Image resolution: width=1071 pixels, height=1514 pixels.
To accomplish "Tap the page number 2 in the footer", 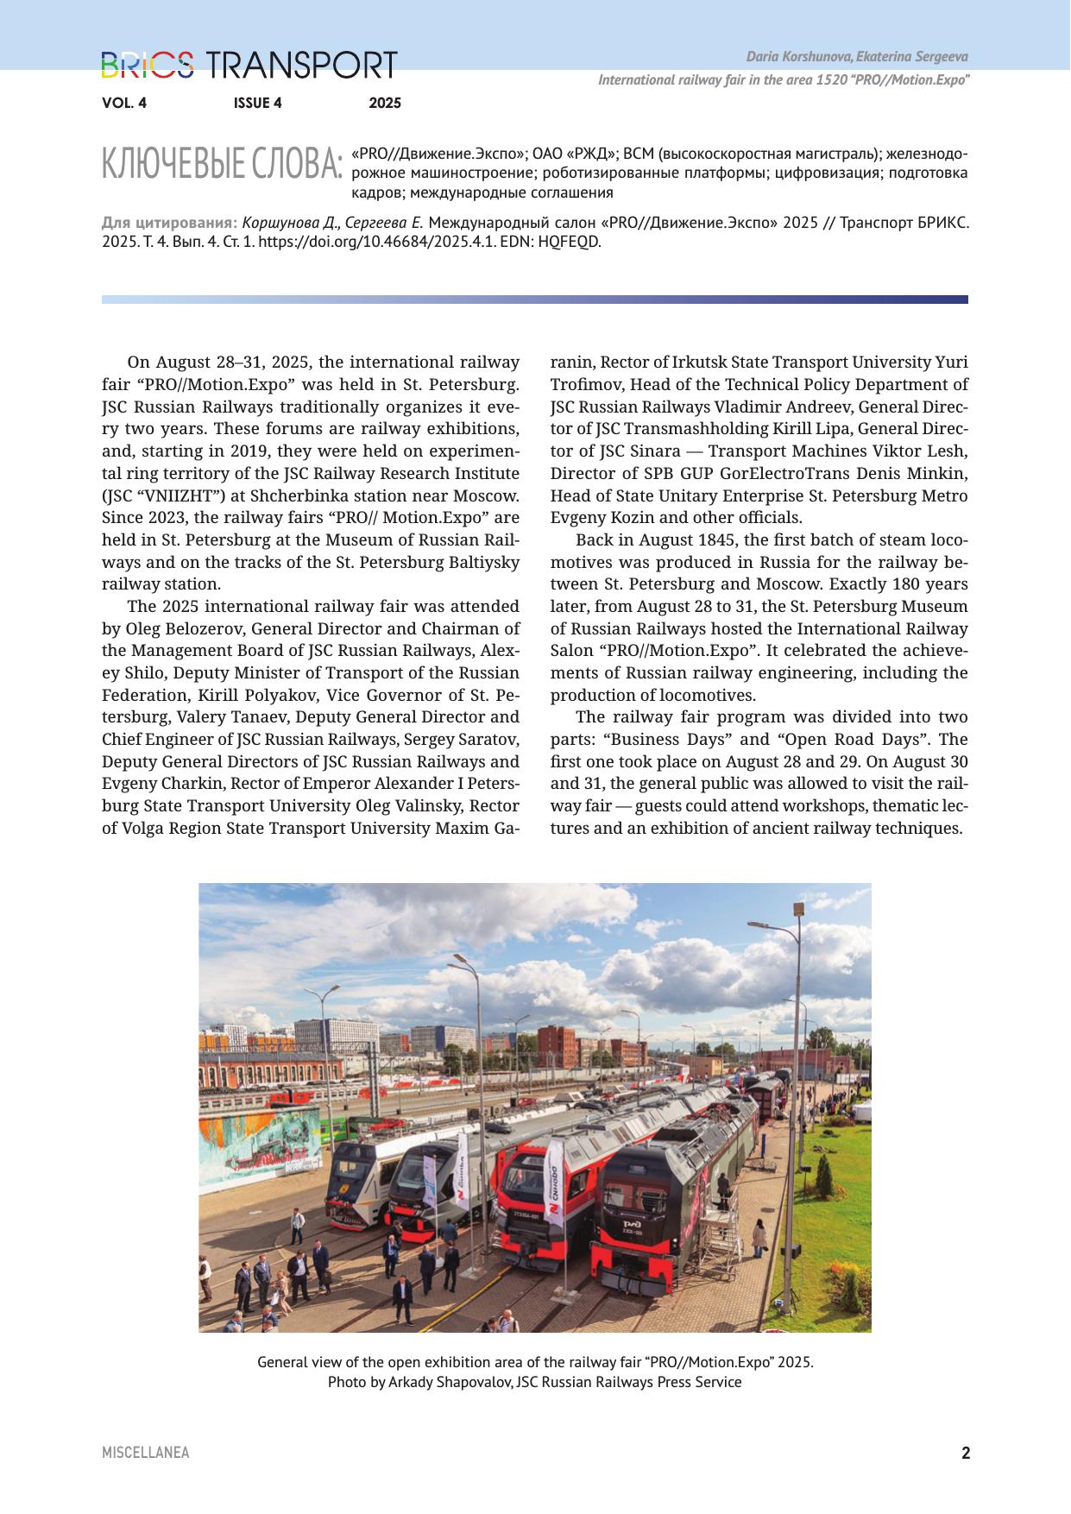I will click(x=966, y=1453).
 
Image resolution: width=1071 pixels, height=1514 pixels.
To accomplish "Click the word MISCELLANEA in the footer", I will click(x=145, y=1453).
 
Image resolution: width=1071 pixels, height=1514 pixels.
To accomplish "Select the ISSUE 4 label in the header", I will click(x=257, y=104).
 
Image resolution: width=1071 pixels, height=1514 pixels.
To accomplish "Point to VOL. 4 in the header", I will click(x=124, y=104).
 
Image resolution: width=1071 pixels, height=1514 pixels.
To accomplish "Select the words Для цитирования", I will click(x=169, y=223).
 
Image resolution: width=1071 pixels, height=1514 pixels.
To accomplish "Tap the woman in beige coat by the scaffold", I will click(x=759, y=1240).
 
